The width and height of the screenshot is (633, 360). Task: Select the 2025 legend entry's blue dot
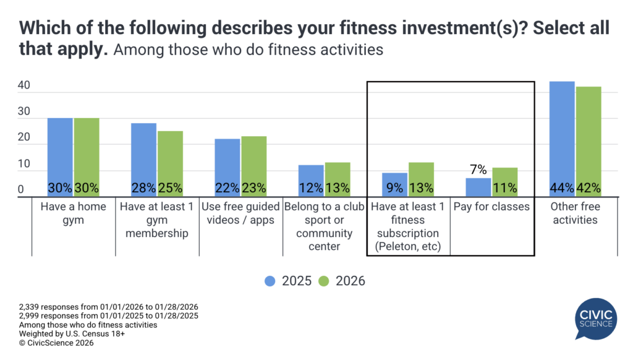[x=270, y=281]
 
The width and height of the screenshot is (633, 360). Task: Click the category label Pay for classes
[x=491, y=207]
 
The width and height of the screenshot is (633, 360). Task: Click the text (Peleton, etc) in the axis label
[x=407, y=247]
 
